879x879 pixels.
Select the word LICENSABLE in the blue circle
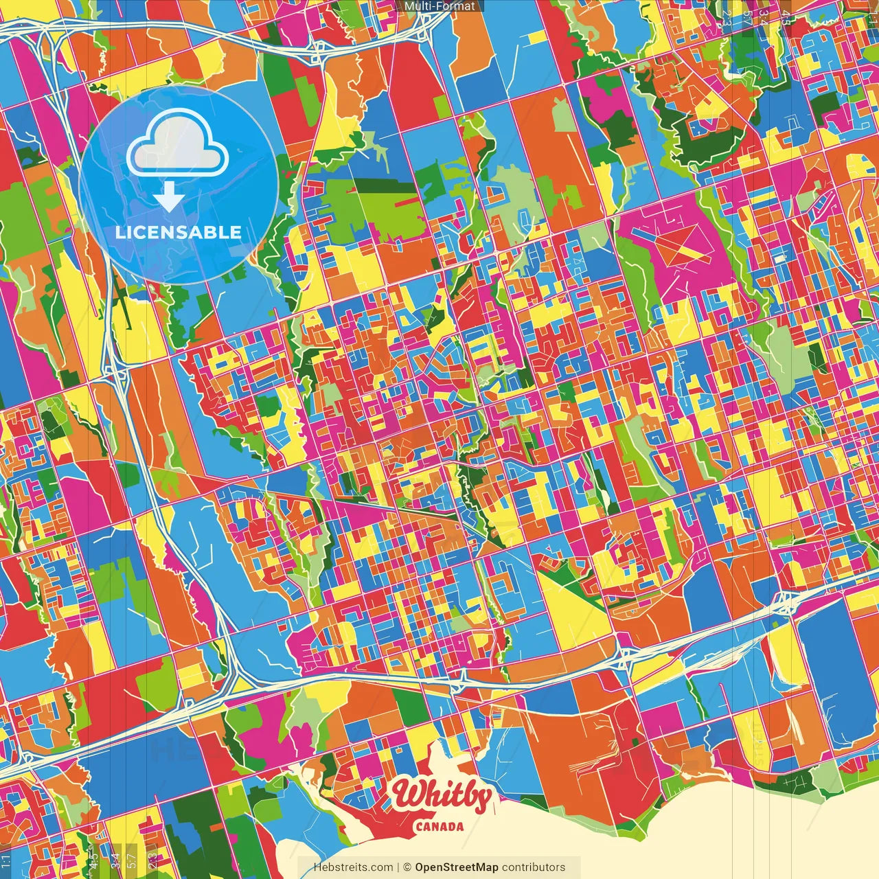(178, 232)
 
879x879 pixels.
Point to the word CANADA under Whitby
(439, 827)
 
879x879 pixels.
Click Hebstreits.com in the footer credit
(353, 867)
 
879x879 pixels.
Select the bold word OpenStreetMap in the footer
(457, 867)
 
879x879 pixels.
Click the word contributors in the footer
(534, 867)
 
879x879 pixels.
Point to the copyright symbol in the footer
(407, 867)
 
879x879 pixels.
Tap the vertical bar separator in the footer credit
(398, 867)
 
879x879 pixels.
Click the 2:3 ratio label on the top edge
(727, 18)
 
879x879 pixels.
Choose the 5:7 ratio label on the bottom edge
(132, 860)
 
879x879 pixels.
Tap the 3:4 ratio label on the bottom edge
(115, 860)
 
